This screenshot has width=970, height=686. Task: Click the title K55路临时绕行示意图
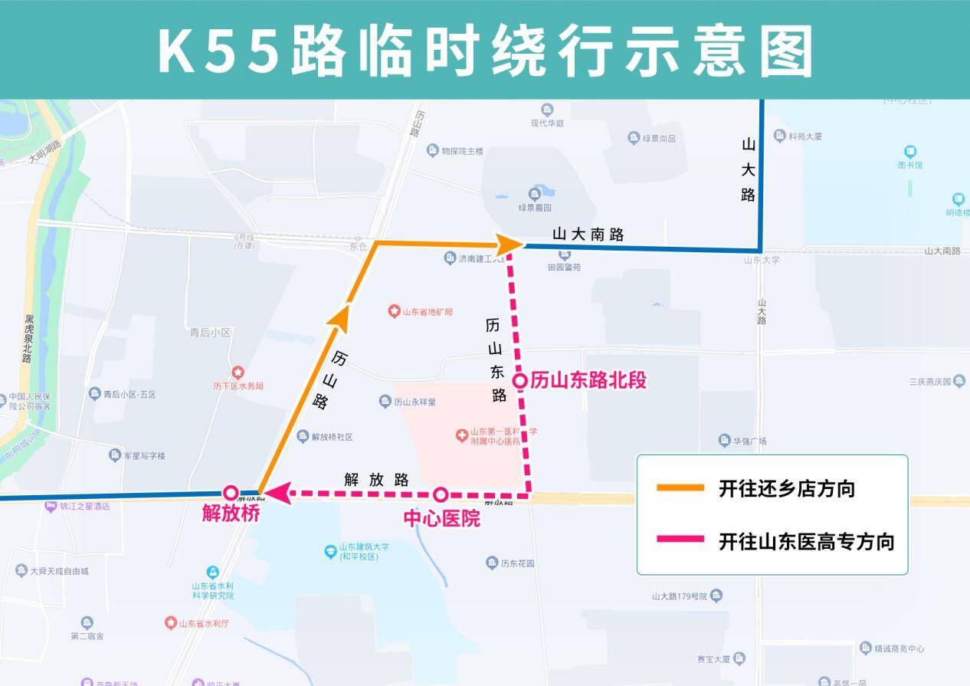point(485,51)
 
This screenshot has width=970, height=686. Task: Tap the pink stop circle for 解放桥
point(230,494)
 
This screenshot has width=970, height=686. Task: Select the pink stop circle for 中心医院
point(441,494)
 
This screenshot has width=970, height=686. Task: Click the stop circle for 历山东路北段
point(519,380)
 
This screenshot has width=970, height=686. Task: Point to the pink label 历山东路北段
point(588,381)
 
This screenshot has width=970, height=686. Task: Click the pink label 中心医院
point(441,519)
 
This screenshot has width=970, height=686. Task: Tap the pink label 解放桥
point(231,514)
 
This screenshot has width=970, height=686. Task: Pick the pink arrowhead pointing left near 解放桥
point(277,494)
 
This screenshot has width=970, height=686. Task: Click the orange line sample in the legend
point(680,487)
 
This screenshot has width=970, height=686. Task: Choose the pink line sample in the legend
point(680,540)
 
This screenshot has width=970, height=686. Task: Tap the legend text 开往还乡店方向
point(786,488)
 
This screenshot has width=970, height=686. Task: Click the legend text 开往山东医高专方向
point(806,541)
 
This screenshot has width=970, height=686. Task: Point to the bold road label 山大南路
point(588,235)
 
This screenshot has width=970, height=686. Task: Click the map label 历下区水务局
point(238,386)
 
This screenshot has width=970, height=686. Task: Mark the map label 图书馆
point(910,165)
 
